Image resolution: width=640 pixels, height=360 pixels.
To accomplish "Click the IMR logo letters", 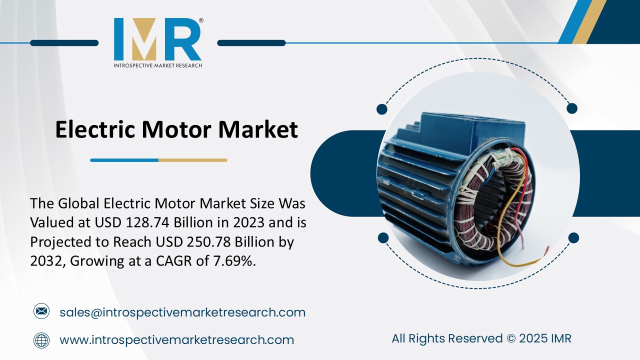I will point(157,39).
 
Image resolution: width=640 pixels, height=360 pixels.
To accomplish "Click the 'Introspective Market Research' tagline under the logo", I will point(157,65).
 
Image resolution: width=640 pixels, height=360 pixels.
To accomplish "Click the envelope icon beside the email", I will point(41,312).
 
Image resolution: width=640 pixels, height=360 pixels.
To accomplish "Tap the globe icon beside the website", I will point(41,340).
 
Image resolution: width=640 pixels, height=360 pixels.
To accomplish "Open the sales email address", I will point(182,312).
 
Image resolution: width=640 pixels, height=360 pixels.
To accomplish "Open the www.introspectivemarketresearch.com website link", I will point(176,340).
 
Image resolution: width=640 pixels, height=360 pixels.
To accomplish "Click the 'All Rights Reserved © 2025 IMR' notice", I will point(481,338).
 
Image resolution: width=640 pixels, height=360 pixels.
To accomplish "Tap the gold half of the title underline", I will point(193,160).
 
